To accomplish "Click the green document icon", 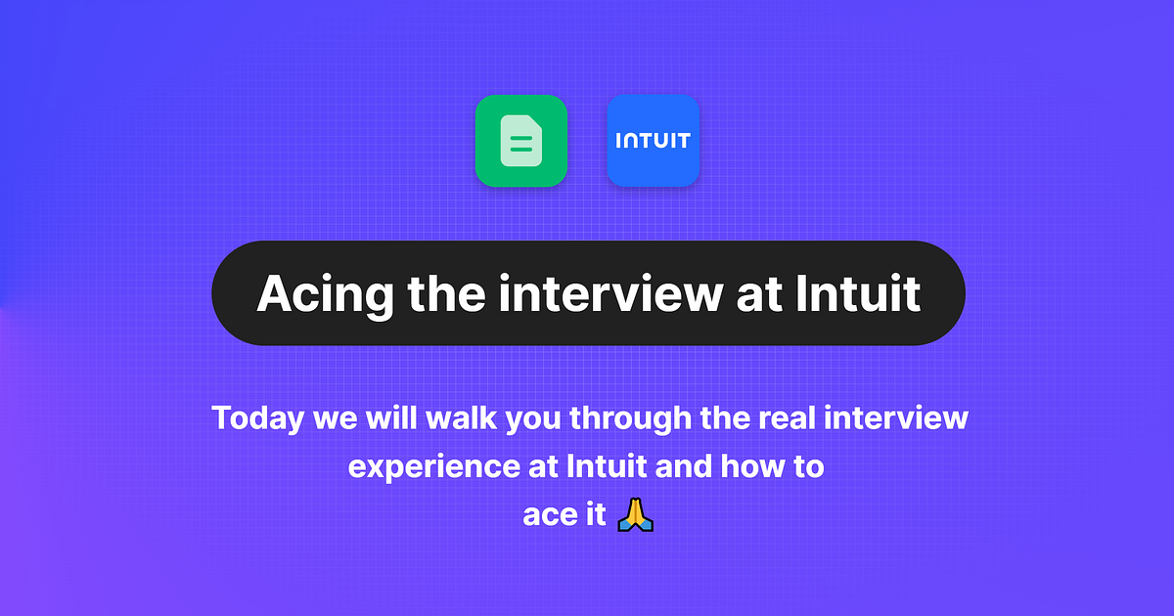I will (521, 141).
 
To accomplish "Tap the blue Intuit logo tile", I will (653, 141).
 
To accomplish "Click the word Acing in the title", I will (316, 293).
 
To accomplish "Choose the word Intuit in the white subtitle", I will (607, 466).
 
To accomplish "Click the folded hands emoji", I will (636, 514).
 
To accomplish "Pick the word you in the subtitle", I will (521, 418).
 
